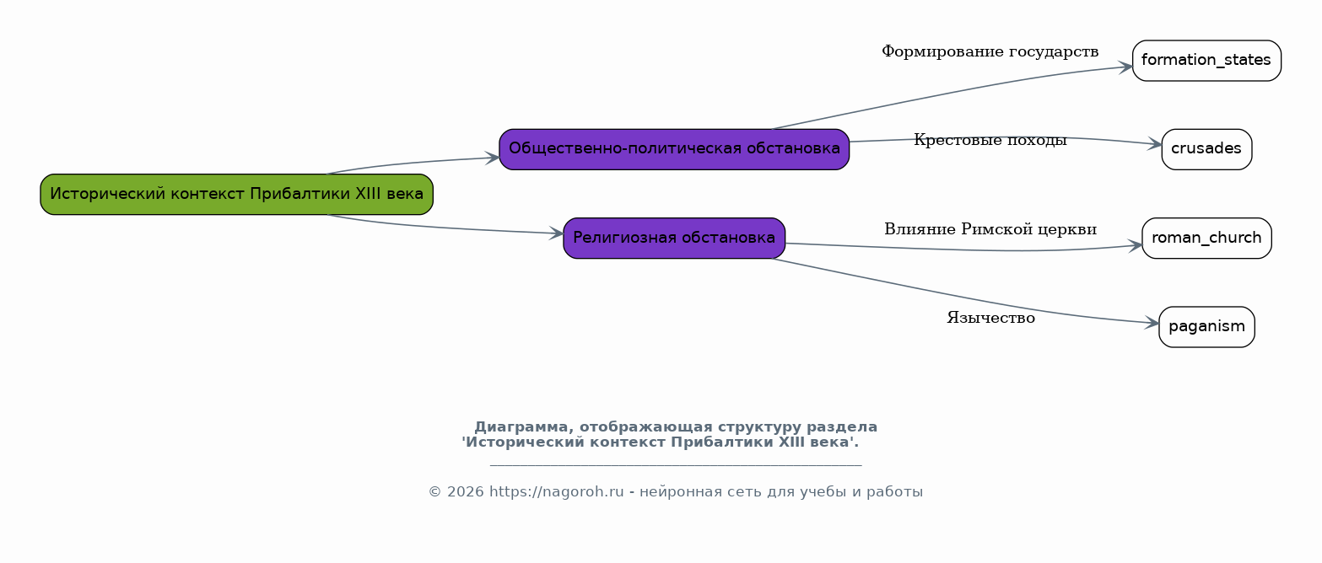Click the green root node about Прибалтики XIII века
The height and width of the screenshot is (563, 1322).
[237, 194]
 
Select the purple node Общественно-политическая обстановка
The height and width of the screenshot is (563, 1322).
[674, 149]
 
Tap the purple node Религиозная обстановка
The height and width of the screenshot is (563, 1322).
[674, 239]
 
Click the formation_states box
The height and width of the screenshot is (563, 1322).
[1206, 61]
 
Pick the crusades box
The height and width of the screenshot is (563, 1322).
[1206, 149]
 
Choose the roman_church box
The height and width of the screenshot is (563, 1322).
[1206, 239]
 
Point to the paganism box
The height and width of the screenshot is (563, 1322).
[1206, 327]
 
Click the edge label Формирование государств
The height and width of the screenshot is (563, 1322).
[990, 52]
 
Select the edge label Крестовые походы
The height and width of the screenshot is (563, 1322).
[990, 140]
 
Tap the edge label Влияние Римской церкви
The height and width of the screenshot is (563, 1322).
[990, 229]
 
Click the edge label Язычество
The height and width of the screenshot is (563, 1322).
[991, 318]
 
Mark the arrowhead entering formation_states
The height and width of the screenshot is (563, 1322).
[1125, 67]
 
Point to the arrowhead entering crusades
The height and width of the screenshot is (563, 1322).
[1154, 144]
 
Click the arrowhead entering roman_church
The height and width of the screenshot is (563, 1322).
[1135, 245]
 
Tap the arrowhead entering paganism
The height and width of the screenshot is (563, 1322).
[1152, 323]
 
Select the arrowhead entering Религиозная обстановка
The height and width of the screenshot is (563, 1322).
[556, 233]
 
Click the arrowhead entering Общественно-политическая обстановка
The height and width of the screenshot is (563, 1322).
[492, 158]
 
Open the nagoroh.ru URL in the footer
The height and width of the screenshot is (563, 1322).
[557, 491]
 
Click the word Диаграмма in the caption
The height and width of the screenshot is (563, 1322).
[524, 426]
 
